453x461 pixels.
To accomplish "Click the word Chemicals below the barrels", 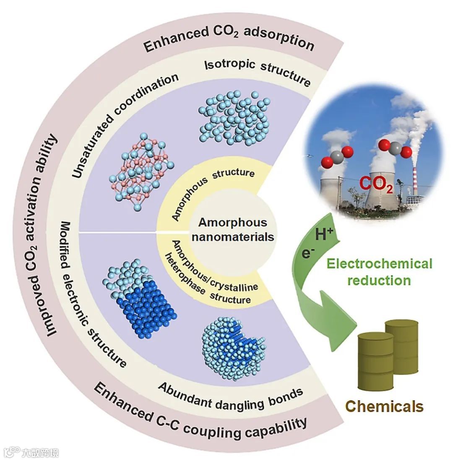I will click(x=384, y=406).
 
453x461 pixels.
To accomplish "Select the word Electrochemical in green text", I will click(x=379, y=264).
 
